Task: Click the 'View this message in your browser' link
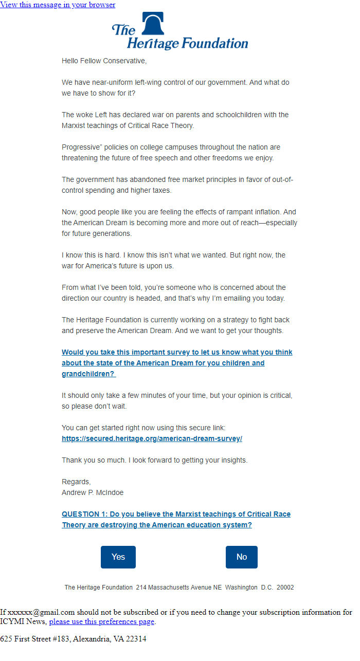58,5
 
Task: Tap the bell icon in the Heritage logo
153,24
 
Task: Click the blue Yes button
118,557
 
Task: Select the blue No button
242,557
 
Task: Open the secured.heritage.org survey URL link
152,439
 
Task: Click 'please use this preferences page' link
101,621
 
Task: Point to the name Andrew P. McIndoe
93,492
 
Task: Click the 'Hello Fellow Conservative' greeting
104,61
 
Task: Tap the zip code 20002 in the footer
285,587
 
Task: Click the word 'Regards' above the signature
76,482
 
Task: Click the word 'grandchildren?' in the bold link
88,374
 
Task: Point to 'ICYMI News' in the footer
23,621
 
